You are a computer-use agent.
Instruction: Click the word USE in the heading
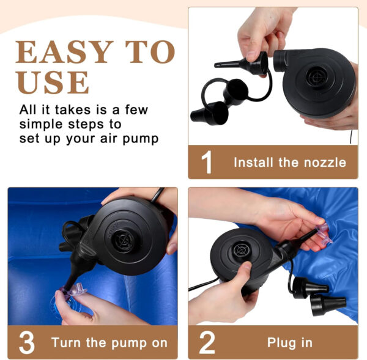53,82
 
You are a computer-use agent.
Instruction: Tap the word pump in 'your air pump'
141,139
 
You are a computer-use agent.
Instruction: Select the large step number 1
207,162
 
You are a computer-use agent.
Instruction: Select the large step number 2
207,342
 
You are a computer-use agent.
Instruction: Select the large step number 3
27,342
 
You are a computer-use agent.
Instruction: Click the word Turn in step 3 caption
67,343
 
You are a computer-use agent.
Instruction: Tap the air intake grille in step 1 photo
316,77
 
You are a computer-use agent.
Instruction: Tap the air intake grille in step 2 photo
240,251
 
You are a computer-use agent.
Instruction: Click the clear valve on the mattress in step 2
324,233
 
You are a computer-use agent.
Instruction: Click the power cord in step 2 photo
203,285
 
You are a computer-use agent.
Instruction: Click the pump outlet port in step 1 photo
280,61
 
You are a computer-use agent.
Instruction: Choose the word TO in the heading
150,52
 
